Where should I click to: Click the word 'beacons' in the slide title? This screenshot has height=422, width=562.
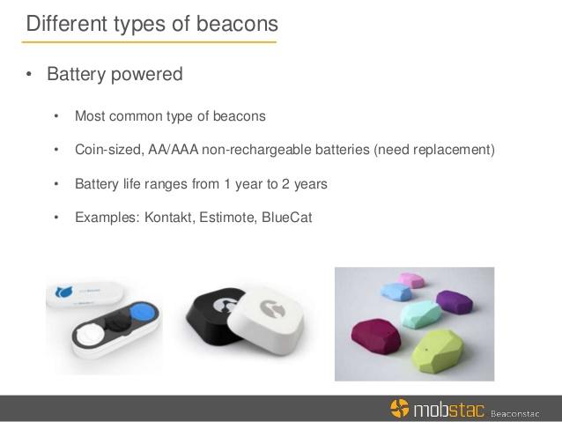pos(237,24)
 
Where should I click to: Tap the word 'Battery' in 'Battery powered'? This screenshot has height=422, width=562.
pos(76,75)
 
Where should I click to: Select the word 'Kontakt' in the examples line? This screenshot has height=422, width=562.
pos(168,218)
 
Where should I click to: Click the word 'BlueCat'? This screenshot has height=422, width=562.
pos(287,218)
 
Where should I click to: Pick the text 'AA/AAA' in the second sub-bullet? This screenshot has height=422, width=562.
pos(174,150)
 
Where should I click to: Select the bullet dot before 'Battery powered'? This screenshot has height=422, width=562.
pos(29,75)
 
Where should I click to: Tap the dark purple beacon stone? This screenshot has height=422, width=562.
pos(455,302)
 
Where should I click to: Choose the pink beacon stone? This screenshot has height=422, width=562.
pos(412,280)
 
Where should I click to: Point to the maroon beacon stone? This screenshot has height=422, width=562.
pos(375,336)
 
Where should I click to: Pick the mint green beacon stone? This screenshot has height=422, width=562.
pos(420,314)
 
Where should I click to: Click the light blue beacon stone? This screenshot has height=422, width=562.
pos(396,292)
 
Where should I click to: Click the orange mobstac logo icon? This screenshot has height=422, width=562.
pos(399,408)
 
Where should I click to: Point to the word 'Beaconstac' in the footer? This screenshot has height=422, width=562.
pos(515,414)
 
